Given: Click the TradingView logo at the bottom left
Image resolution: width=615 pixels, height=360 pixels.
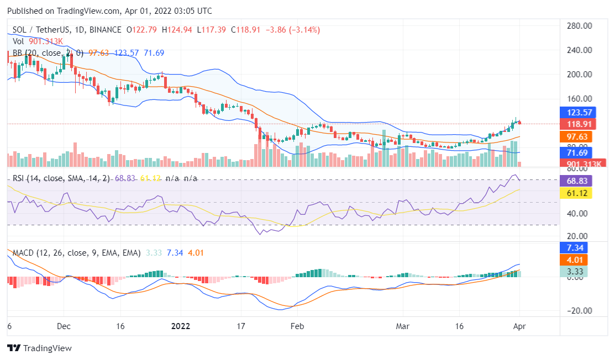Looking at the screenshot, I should [x=39, y=348].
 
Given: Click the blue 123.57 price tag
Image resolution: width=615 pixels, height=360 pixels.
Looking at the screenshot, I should [x=576, y=112].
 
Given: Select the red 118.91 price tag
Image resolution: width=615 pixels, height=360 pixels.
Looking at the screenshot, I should [x=576, y=124].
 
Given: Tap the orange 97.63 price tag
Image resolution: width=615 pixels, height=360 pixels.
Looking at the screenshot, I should [x=576, y=136].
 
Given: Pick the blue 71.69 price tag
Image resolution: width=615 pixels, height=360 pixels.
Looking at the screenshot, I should [x=576, y=152].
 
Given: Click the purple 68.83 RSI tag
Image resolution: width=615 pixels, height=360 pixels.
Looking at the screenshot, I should [x=576, y=181].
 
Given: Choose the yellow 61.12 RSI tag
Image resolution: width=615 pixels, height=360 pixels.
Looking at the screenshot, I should [x=576, y=193].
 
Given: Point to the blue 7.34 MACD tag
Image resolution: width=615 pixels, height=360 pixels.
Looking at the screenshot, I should [x=576, y=247].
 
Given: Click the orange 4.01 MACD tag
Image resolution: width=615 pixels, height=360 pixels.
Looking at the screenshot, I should [x=576, y=260].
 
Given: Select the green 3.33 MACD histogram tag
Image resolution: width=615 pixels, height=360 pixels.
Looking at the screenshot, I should [x=576, y=271].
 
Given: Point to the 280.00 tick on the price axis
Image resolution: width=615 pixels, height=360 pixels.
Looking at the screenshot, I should [x=580, y=25].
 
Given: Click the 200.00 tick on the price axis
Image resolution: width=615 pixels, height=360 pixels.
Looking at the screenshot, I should [x=580, y=74].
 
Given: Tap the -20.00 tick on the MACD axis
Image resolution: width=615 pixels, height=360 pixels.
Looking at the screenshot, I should [x=580, y=310].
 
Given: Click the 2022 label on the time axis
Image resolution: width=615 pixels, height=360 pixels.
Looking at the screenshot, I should [x=181, y=326].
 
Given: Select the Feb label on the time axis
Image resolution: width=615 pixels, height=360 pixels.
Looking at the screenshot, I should [x=298, y=326].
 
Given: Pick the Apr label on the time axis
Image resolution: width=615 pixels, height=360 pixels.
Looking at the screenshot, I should [x=519, y=326].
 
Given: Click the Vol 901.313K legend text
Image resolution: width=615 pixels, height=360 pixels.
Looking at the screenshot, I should [x=38, y=41].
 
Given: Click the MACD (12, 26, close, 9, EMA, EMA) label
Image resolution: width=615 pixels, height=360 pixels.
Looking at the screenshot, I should [x=77, y=252].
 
